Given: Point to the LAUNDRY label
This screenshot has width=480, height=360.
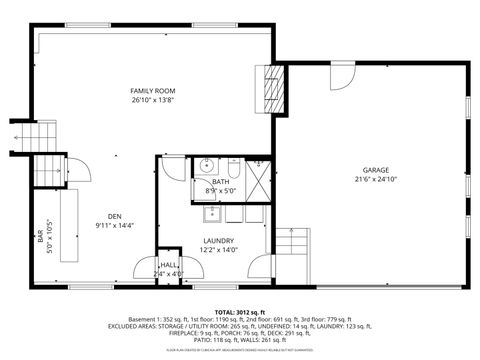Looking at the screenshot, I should click(217, 241).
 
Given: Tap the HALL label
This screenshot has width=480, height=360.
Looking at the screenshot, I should click(168, 265).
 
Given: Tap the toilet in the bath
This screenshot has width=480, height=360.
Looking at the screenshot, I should click(234, 166).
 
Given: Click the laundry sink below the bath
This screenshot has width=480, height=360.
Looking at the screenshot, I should click(212, 212).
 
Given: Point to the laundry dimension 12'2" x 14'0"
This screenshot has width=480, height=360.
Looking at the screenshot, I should click(217, 250).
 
